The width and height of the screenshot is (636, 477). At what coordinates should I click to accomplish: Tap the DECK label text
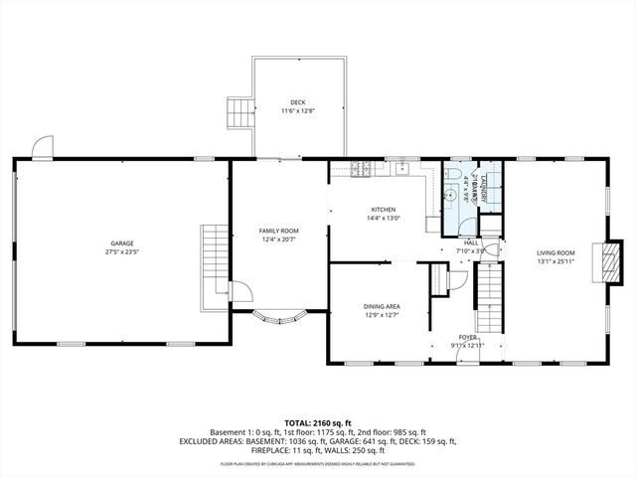(298, 102)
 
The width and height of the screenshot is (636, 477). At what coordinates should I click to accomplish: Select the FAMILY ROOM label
(279, 231)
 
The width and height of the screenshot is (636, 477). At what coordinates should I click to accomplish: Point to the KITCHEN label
(384, 210)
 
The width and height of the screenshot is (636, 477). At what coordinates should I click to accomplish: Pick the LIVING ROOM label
(556, 253)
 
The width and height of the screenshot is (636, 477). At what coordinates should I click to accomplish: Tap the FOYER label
(467, 337)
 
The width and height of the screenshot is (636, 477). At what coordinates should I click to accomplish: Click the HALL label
(471, 242)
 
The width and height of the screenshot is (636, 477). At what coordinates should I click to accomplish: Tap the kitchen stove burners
(363, 170)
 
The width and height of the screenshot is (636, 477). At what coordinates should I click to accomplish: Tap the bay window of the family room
(279, 319)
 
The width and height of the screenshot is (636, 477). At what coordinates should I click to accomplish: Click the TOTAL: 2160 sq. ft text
(318, 422)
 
